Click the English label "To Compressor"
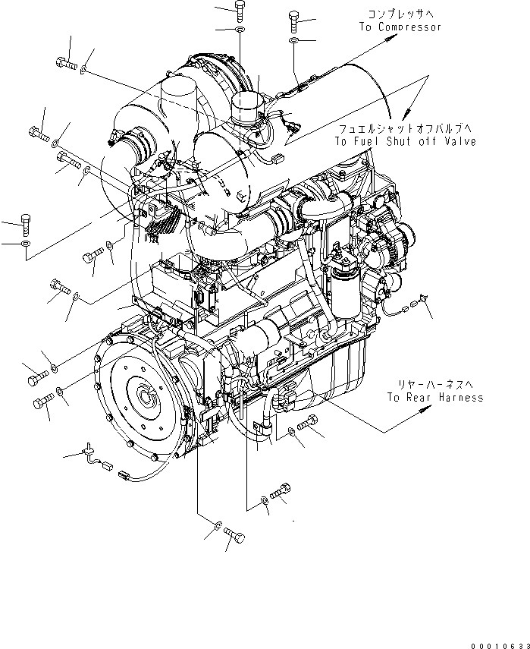(400, 27)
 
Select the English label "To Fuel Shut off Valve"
(406, 141)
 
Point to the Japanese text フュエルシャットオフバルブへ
(406, 129)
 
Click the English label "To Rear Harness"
(434, 397)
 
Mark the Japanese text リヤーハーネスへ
(434, 384)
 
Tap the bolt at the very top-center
(240, 10)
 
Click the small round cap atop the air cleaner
(246, 106)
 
